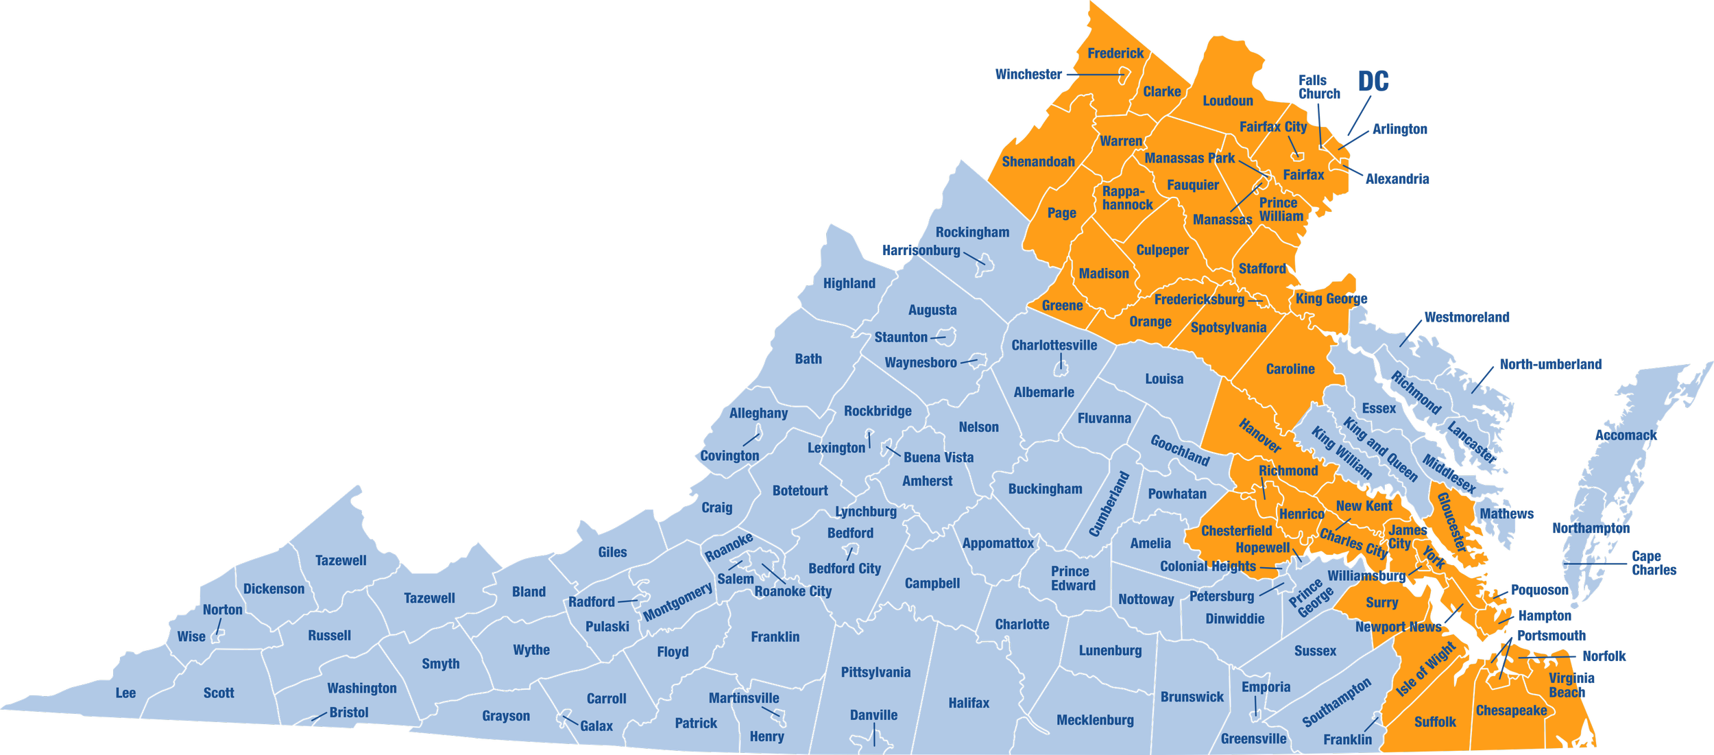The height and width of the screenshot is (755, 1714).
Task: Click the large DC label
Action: pyautogui.click(x=1373, y=82)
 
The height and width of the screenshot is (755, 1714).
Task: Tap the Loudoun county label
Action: pyautogui.click(x=1228, y=101)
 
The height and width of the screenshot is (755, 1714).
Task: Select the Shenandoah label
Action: pyautogui.click(x=1038, y=162)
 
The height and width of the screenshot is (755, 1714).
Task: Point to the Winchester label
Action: pyautogui.click(x=1028, y=74)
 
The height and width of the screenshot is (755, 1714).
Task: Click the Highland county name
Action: pyautogui.click(x=849, y=283)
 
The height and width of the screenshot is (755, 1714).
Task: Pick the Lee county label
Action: pyautogui.click(x=125, y=693)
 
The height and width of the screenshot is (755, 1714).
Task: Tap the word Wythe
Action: pyautogui.click(x=531, y=649)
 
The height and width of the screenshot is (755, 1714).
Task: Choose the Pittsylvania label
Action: pyautogui.click(x=876, y=672)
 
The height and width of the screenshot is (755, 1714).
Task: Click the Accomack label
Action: pyautogui.click(x=1626, y=435)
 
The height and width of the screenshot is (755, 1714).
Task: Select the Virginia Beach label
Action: pyautogui.click(x=1572, y=685)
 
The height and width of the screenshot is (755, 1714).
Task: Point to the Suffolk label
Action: pyautogui.click(x=1435, y=721)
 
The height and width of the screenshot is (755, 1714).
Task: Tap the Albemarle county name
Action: pyautogui.click(x=1043, y=392)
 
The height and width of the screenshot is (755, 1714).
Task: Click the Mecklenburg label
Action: pyautogui.click(x=1095, y=720)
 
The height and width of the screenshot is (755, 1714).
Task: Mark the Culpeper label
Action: pyautogui.click(x=1162, y=250)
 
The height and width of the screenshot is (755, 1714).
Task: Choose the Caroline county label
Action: pyautogui.click(x=1290, y=369)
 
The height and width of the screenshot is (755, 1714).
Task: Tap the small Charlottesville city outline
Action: pyautogui.click(x=1061, y=370)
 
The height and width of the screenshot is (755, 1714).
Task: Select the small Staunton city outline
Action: pyautogui.click(x=947, y=336)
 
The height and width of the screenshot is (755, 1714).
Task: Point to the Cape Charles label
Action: pyautogui.click(x=1654, y=562)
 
